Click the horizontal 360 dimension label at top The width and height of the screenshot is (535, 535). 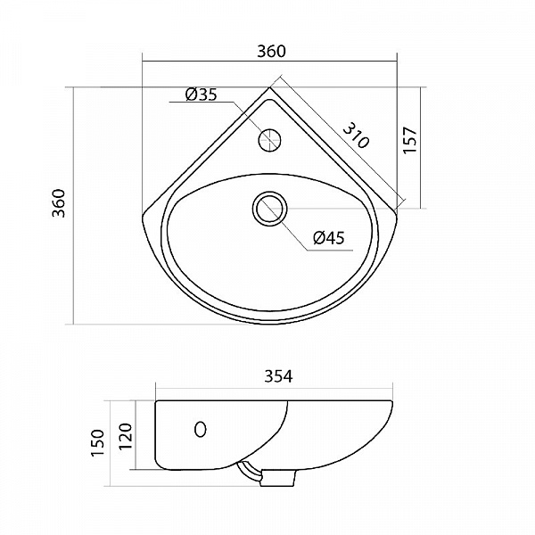click(x=271, y=51)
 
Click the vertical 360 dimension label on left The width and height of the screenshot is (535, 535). click(x=58, y=203)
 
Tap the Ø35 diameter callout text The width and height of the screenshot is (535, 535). click(x=202, y=95)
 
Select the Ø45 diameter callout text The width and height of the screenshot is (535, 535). click(x=329, y=238)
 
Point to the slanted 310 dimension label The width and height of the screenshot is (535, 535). click(x=356, y=136)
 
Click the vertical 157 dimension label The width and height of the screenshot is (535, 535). click(x=410, y=140)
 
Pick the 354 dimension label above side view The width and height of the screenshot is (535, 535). click(x=279, y=376)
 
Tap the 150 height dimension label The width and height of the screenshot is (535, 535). click(x=97, y=443)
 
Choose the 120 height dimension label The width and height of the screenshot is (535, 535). click(x=126, y=437)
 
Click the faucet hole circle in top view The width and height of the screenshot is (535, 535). click(x=269, y=141)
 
